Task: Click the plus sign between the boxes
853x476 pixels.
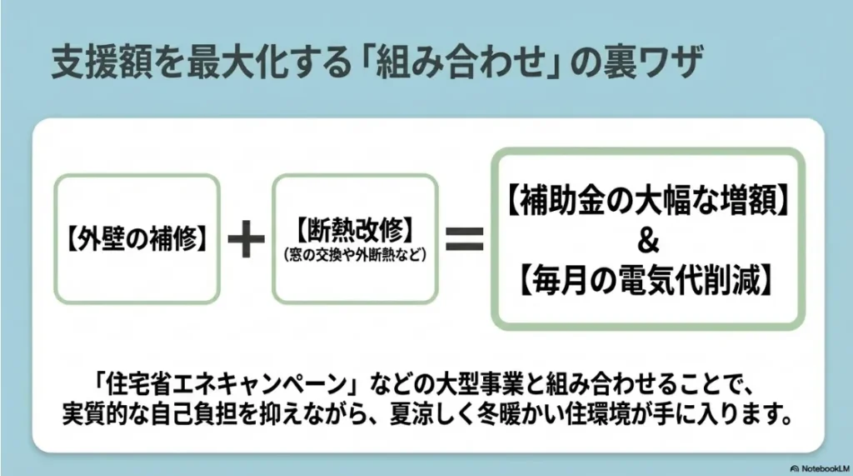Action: (246, 240)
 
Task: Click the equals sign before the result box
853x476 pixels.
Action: (465, 240)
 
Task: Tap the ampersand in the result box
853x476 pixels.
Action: (649, 243)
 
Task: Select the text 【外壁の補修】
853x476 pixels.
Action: (137, 239)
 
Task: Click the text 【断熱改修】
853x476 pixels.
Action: (355, 229)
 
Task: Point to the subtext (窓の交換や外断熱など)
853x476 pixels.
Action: (355, 253)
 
